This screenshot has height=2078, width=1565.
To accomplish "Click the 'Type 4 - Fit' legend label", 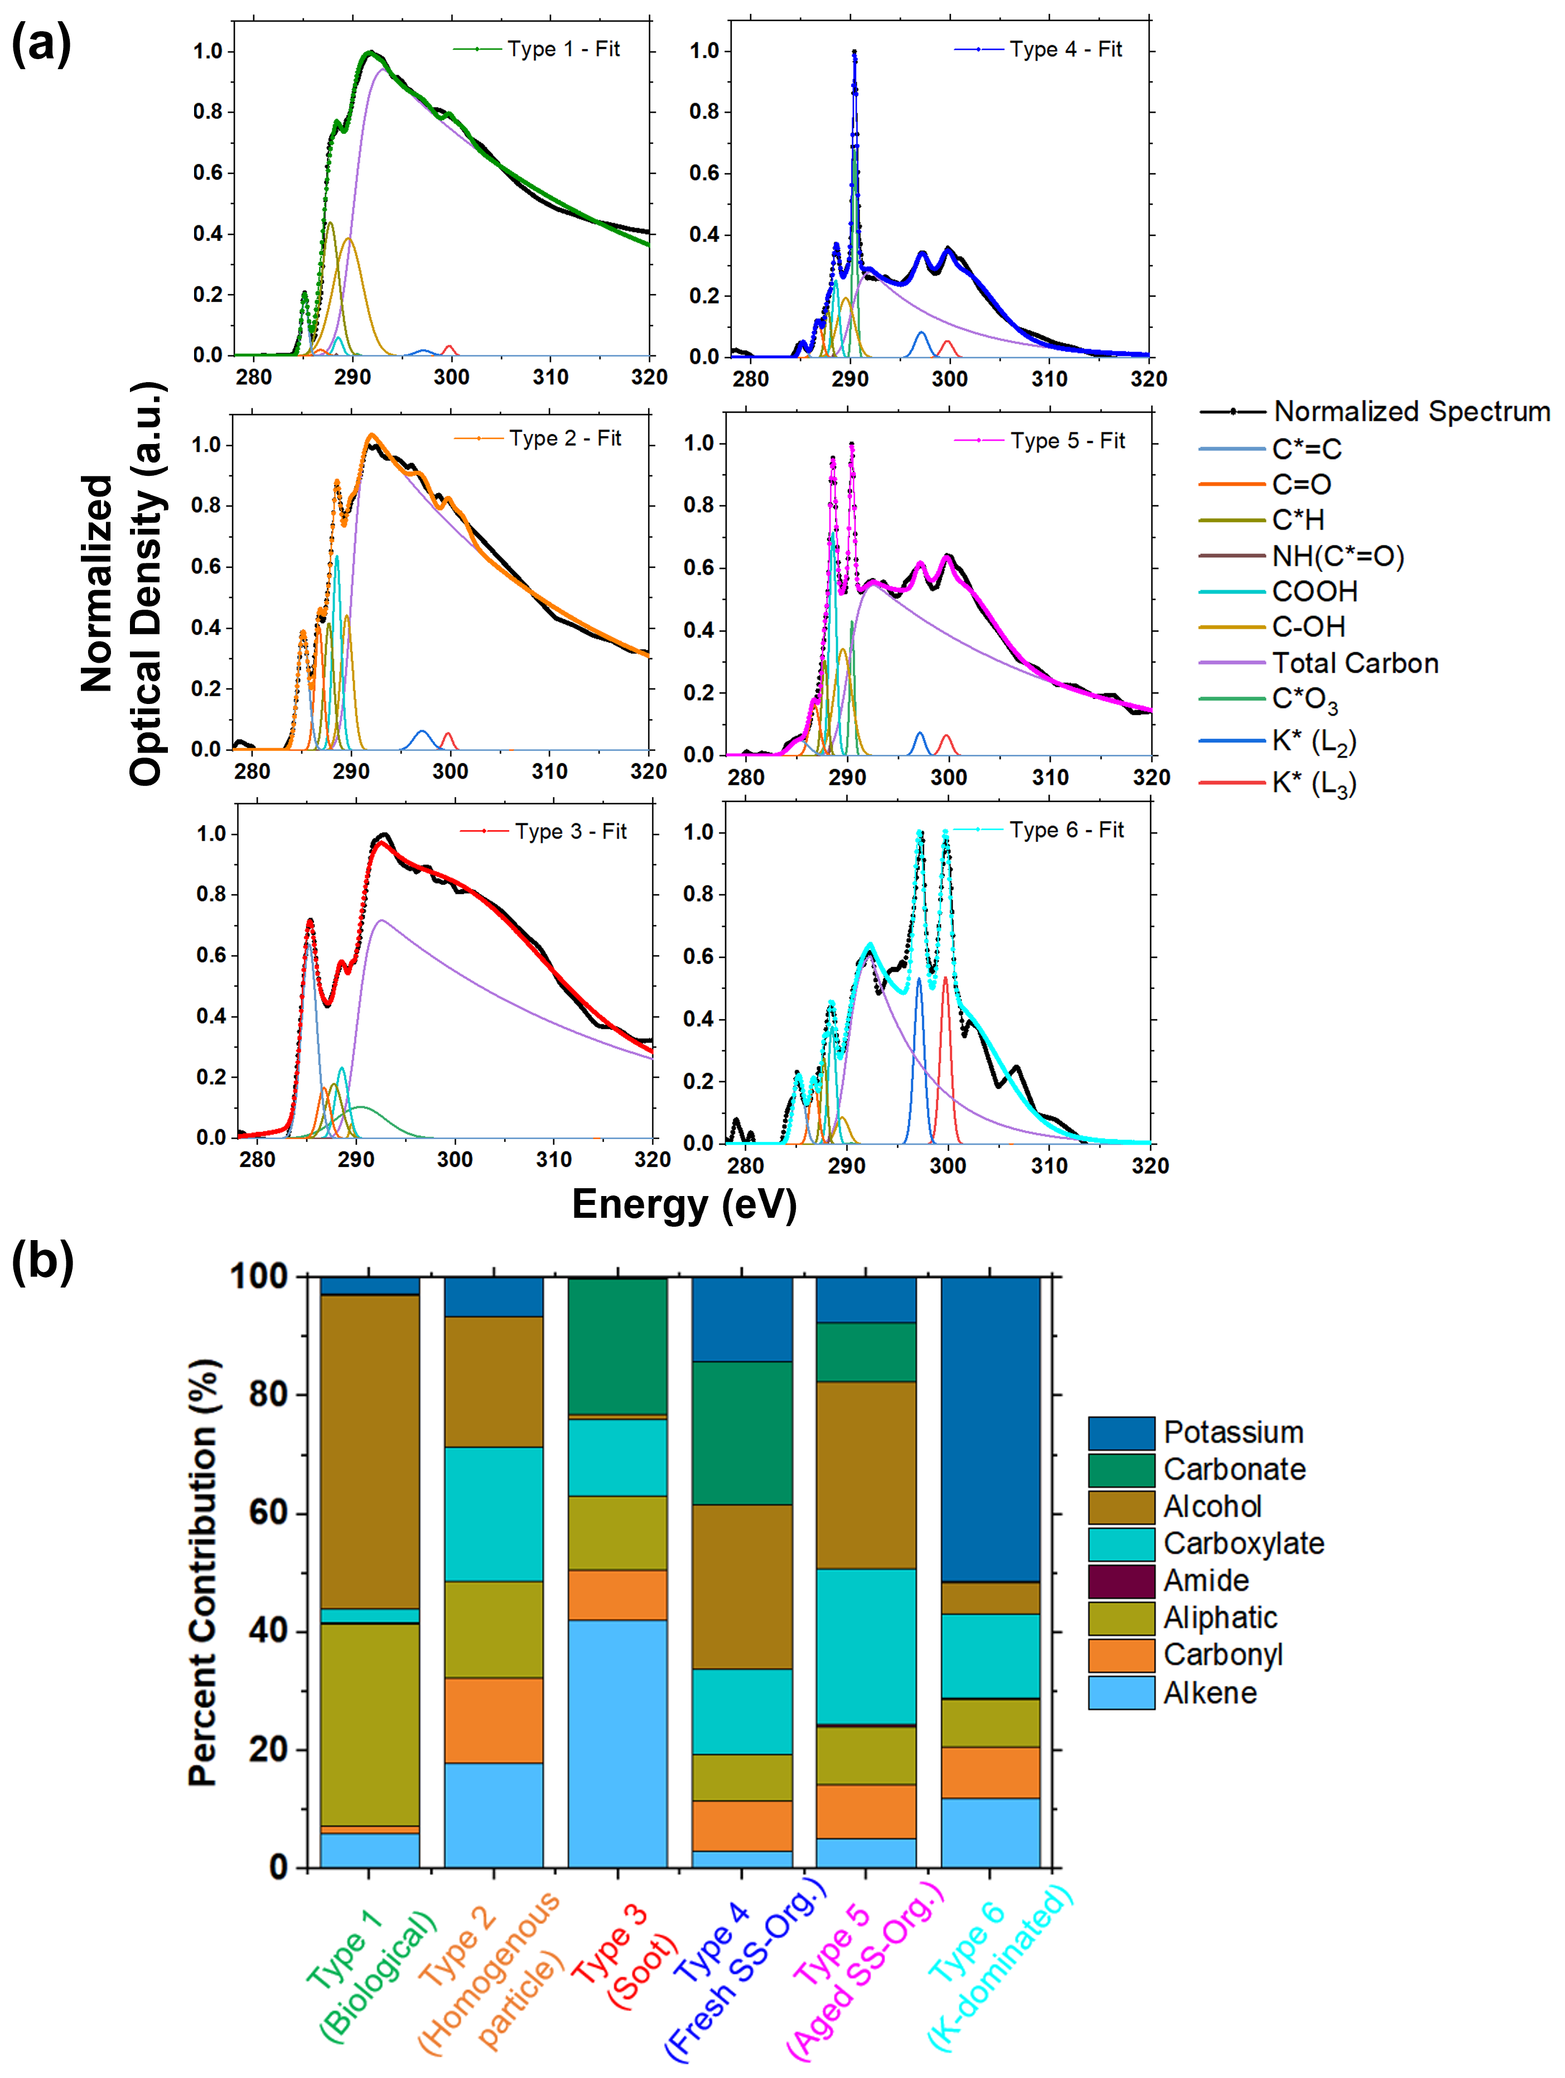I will [1065, 49].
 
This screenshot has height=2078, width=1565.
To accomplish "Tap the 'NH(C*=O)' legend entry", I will [1337, 556].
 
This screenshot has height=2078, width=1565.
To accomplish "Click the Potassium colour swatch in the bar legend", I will [1120, 1433].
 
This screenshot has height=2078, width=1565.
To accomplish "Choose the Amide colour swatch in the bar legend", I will [1120, 1581].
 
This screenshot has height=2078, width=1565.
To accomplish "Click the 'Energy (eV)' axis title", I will [684, 1204].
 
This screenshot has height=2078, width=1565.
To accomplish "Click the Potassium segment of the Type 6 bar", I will [990, 1428].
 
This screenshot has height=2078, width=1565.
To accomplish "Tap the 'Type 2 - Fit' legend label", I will [564, 438].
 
